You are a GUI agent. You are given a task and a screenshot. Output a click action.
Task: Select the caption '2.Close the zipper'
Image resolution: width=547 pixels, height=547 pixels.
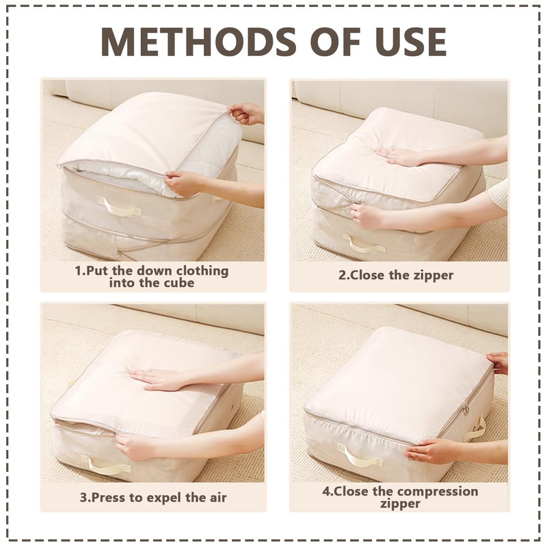point(396,276)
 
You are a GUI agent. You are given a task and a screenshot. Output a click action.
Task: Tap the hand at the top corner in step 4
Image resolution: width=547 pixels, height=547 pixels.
point(498,362)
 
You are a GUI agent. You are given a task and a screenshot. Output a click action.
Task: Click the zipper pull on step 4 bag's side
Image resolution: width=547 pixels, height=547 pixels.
point(466,410)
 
